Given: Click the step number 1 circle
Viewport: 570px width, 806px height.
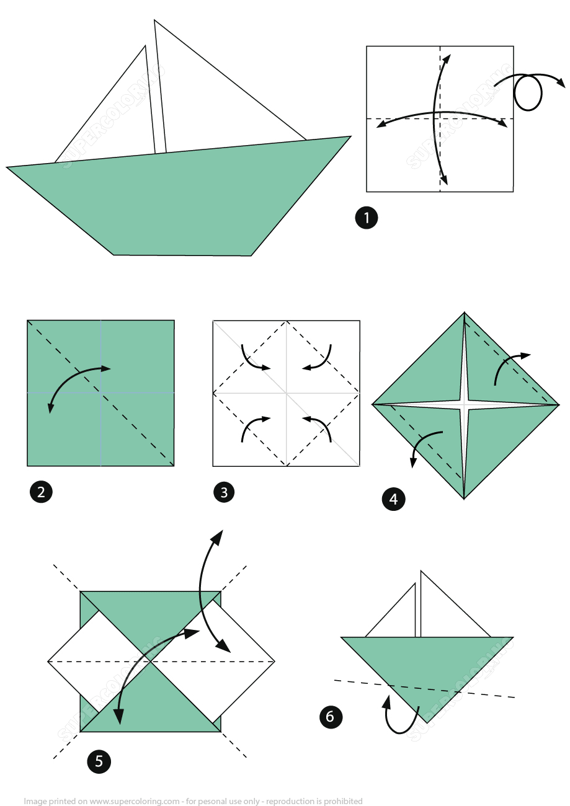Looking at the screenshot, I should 366,218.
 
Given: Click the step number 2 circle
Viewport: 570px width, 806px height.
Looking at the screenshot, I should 41,492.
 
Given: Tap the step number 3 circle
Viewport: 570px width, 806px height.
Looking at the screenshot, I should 224,493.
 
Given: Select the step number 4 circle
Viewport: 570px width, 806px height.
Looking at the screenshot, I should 393,498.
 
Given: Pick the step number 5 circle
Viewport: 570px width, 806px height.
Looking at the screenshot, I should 99,760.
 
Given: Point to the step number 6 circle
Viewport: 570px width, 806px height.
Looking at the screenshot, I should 330,717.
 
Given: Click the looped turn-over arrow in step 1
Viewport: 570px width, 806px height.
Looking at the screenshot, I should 528,91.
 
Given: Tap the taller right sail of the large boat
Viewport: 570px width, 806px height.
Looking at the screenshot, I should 211,105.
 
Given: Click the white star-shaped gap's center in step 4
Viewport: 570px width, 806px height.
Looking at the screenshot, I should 465,405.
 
